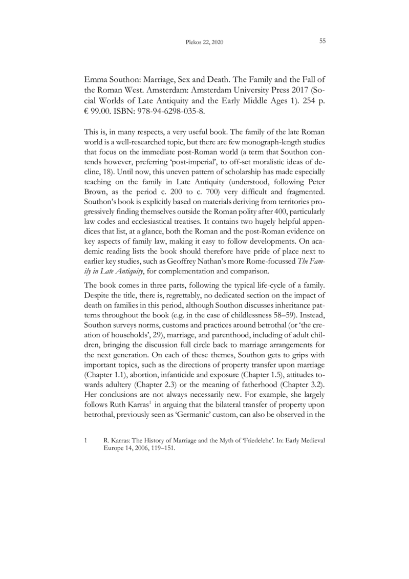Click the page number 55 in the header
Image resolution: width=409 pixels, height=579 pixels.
point(322,41)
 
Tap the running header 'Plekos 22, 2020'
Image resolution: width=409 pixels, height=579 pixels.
point(204,42)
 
